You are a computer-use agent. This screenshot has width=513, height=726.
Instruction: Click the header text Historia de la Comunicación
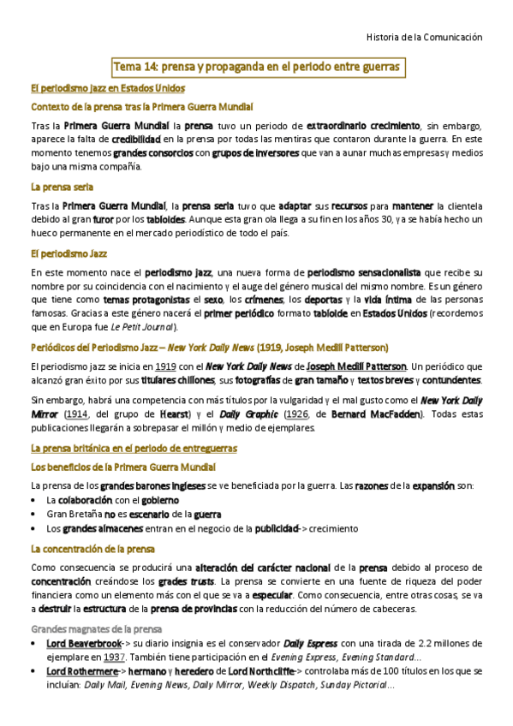pos(424,38)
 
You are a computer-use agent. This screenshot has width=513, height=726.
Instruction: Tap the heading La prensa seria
pos(62,186)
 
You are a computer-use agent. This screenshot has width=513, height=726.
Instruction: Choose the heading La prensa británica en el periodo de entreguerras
pos(134,448)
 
